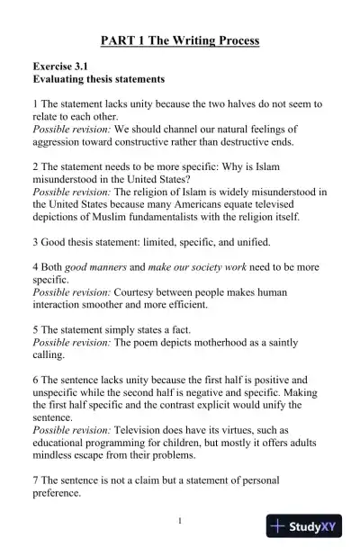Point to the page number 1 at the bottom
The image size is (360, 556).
tap(180, 521)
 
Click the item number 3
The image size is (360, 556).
tap(36, 242)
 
